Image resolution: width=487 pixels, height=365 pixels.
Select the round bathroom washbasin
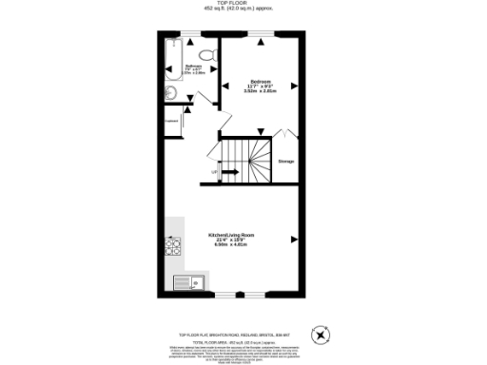169,92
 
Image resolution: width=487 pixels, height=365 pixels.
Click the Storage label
285,162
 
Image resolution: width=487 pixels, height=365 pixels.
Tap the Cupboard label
171,121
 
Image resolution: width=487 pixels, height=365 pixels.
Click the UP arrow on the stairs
229,172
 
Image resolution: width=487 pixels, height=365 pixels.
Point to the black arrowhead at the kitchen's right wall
293,239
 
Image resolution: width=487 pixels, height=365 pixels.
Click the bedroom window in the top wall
263,34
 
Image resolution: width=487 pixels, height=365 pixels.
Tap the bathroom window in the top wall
190,34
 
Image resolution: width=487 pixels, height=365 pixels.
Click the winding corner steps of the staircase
259,152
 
